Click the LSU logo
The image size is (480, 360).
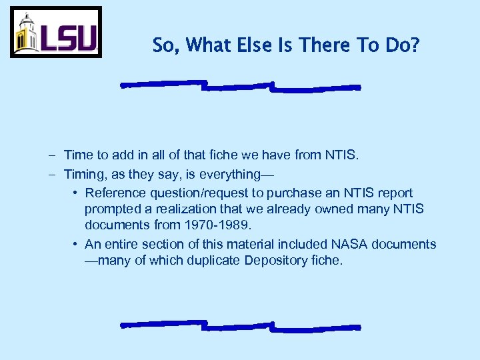tap(56, 32)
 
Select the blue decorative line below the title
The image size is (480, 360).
tap(240, 86)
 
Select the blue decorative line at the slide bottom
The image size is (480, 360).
tap(240, 326)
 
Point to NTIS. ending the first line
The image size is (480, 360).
tap(342, 155)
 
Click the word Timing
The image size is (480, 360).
tap(82, 175)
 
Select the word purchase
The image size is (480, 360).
tap(300, 193)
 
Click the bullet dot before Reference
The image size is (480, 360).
tap(77, 193)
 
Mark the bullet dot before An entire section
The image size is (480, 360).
tap(77, 244)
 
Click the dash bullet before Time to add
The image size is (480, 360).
tap(52, 156)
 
